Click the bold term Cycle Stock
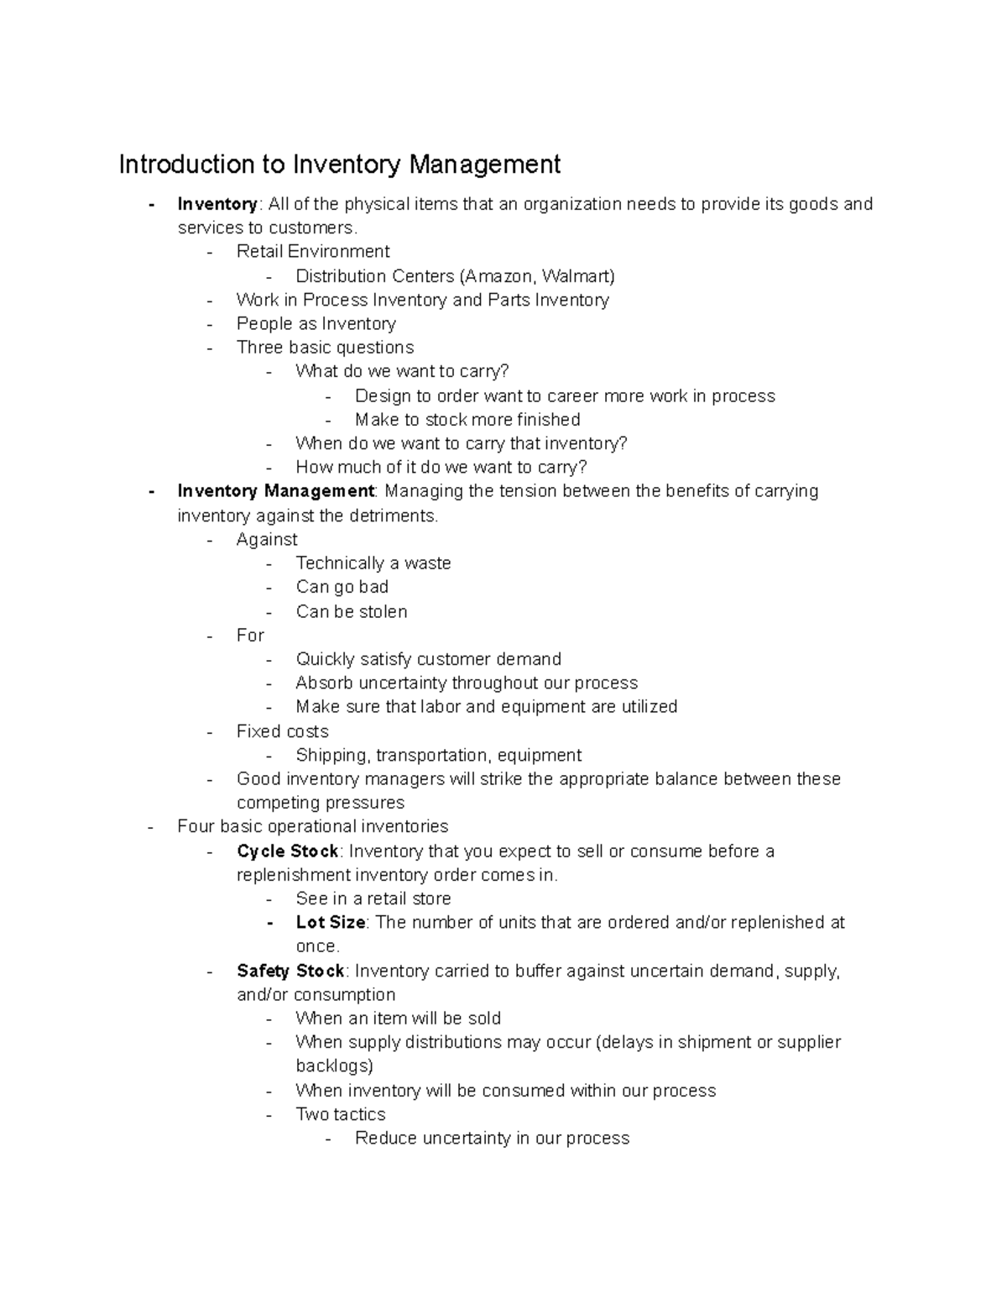tap(287, 851)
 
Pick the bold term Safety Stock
tap(290, 971)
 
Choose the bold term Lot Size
tap(330, 923)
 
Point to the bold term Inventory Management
tap(275, 491)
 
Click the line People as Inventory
tap(316, 324)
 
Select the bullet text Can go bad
tap(342, 587)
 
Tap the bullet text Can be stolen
tap(351, 612)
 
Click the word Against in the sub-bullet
tap(267, 540)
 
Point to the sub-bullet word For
tap(250, 636)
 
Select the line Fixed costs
tap(282, 731)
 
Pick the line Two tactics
tap(340, 1115)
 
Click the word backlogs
tap(334, 1066)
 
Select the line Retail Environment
tap(312, 252)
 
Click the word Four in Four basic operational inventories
tap(196, 827)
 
